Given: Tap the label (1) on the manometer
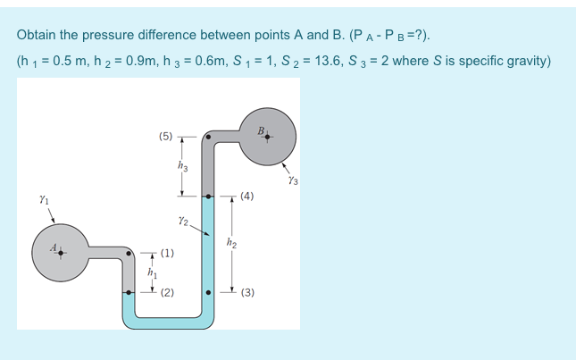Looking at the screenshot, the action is (x=167, y=254).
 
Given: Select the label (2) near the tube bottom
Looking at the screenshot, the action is (x=167, y=292).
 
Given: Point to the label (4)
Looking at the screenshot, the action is (x=247, y=195).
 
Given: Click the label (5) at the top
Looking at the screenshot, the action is (x=166, y=137).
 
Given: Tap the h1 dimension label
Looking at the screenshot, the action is (x=152, y=272).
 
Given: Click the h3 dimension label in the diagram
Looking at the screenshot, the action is (x=183, y=165).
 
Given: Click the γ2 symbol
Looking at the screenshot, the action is (x=183, y=219).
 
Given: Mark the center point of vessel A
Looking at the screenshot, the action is (x=60, y=253).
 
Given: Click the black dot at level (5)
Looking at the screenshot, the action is (x=207, y=138).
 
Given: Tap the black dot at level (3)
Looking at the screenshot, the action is (x=207, y=292).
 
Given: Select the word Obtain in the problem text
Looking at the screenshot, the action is (x=38, y=35).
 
